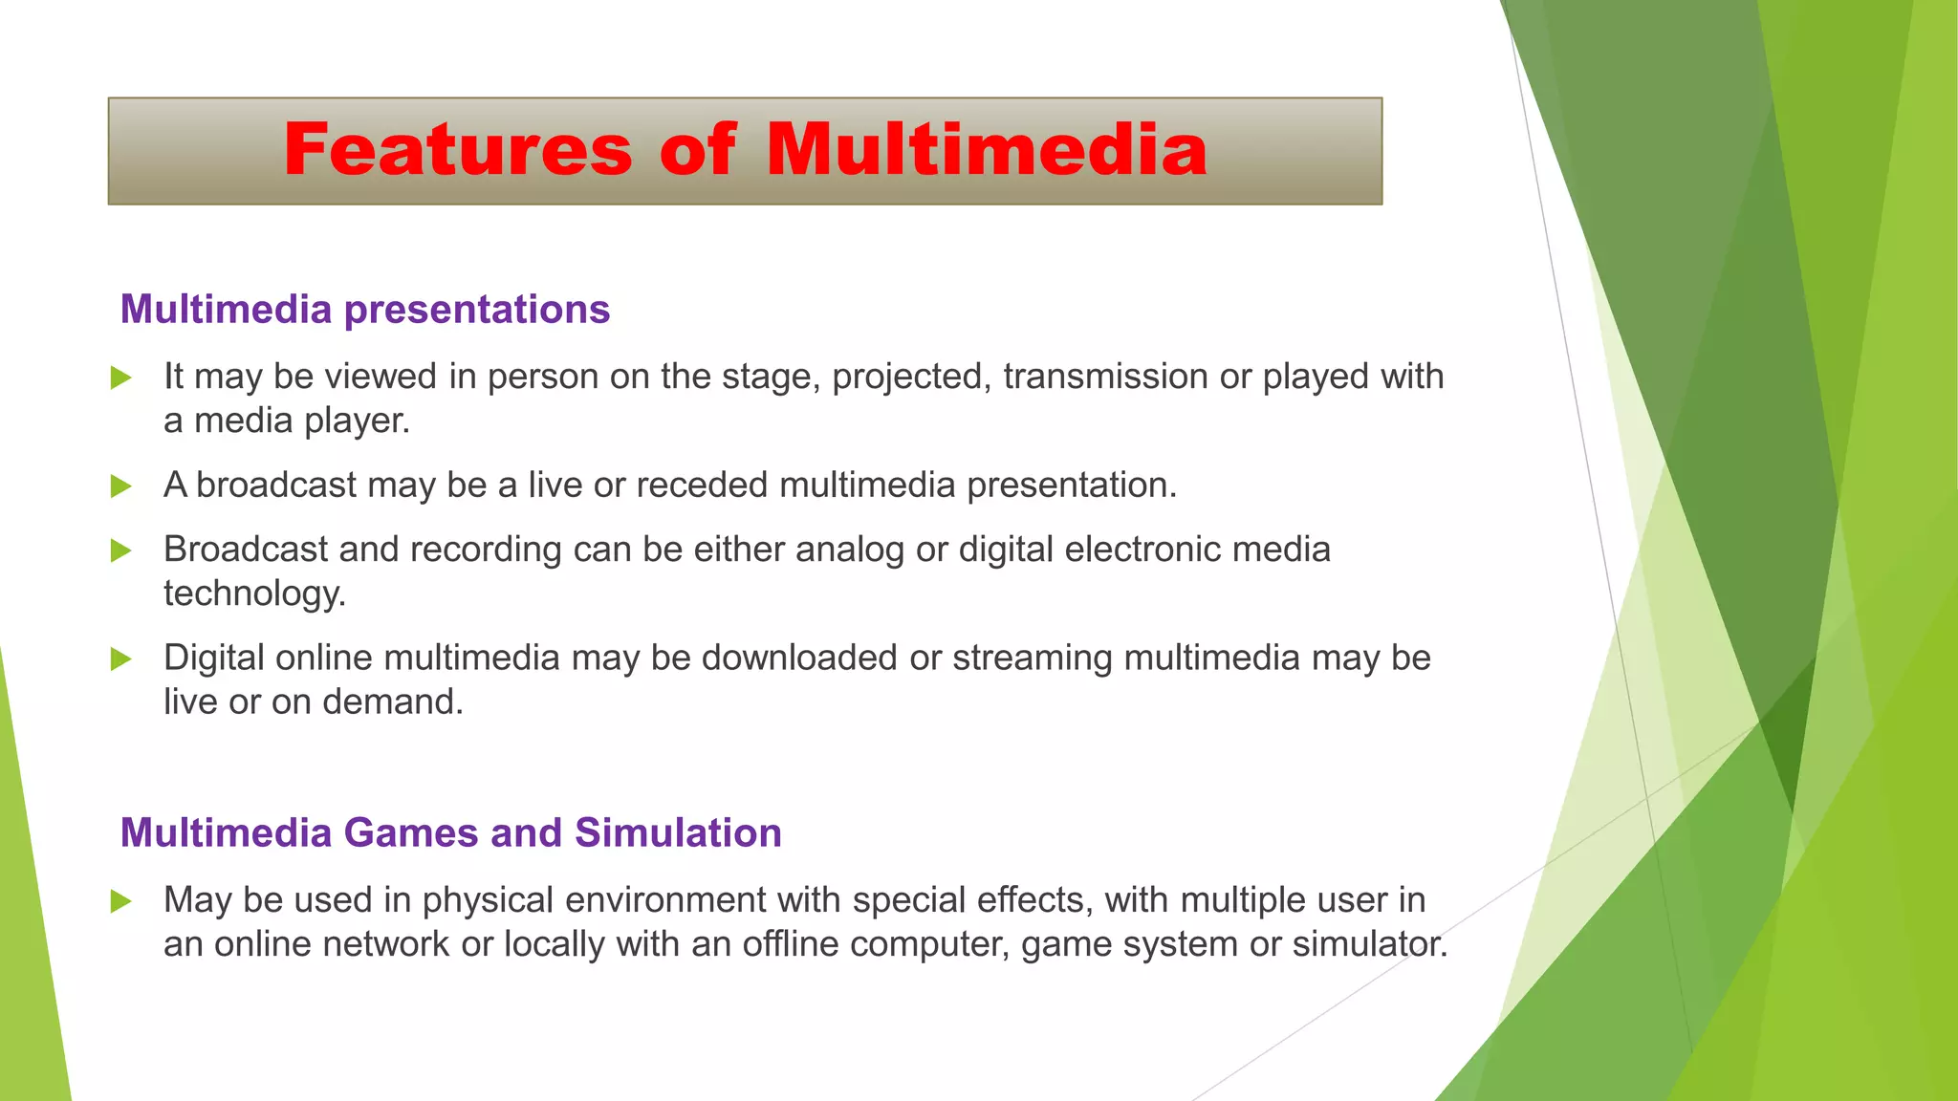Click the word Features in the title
click(457, 150)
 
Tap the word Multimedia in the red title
click(986, 150)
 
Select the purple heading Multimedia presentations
click(364, 310)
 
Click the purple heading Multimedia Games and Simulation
click(450, 832)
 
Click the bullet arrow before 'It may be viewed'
click(120, 378)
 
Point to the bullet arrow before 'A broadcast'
click(120, 486)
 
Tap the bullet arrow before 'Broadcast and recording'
click(120, 550)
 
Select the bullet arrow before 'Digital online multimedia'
click(120, 658)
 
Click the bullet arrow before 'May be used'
click(120, 901)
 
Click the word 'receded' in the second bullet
click(702, 486)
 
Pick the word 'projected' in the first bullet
click(907, 377)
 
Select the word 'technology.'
click(254, 594)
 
